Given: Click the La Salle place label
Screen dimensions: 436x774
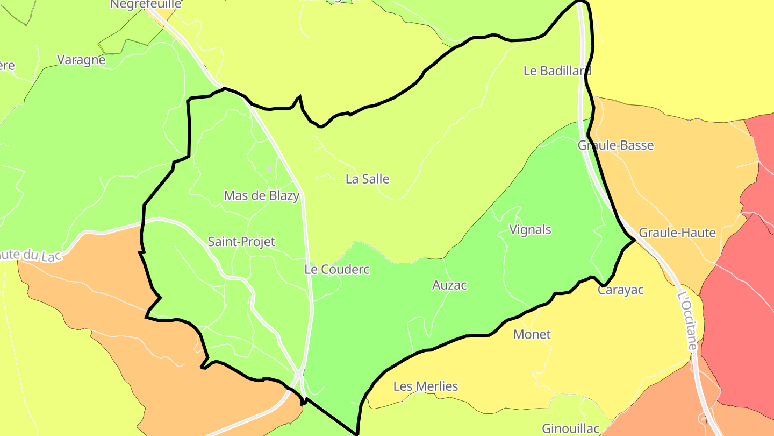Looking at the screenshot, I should coord(367,179).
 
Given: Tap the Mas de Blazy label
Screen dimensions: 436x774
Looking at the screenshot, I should coord(261,195).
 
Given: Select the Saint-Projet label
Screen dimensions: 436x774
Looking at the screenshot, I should coord(241,242).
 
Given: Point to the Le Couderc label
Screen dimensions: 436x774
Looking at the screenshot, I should coord(337,269).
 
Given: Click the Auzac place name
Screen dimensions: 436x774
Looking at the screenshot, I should coord(449,285).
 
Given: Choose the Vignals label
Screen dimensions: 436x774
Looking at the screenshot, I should coord(530,230).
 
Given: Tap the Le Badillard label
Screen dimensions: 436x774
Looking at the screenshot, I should coord(557,71).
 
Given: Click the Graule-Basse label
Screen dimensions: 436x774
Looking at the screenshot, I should coord(615,145).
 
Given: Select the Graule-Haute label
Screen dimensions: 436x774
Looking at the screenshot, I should coord(677,233).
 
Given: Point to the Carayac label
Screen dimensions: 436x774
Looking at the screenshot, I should coord(620,290).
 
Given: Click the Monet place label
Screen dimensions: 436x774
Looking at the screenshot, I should coord(532,334).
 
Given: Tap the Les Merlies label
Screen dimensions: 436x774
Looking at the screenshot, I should coord(426,386).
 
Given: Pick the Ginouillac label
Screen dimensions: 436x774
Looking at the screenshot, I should coord(570,428).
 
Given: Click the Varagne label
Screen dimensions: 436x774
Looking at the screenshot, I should coord(81,60).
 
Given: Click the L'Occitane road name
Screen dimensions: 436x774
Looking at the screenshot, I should coord(687,320).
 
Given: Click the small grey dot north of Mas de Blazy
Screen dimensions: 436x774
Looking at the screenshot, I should coord(269,168).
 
